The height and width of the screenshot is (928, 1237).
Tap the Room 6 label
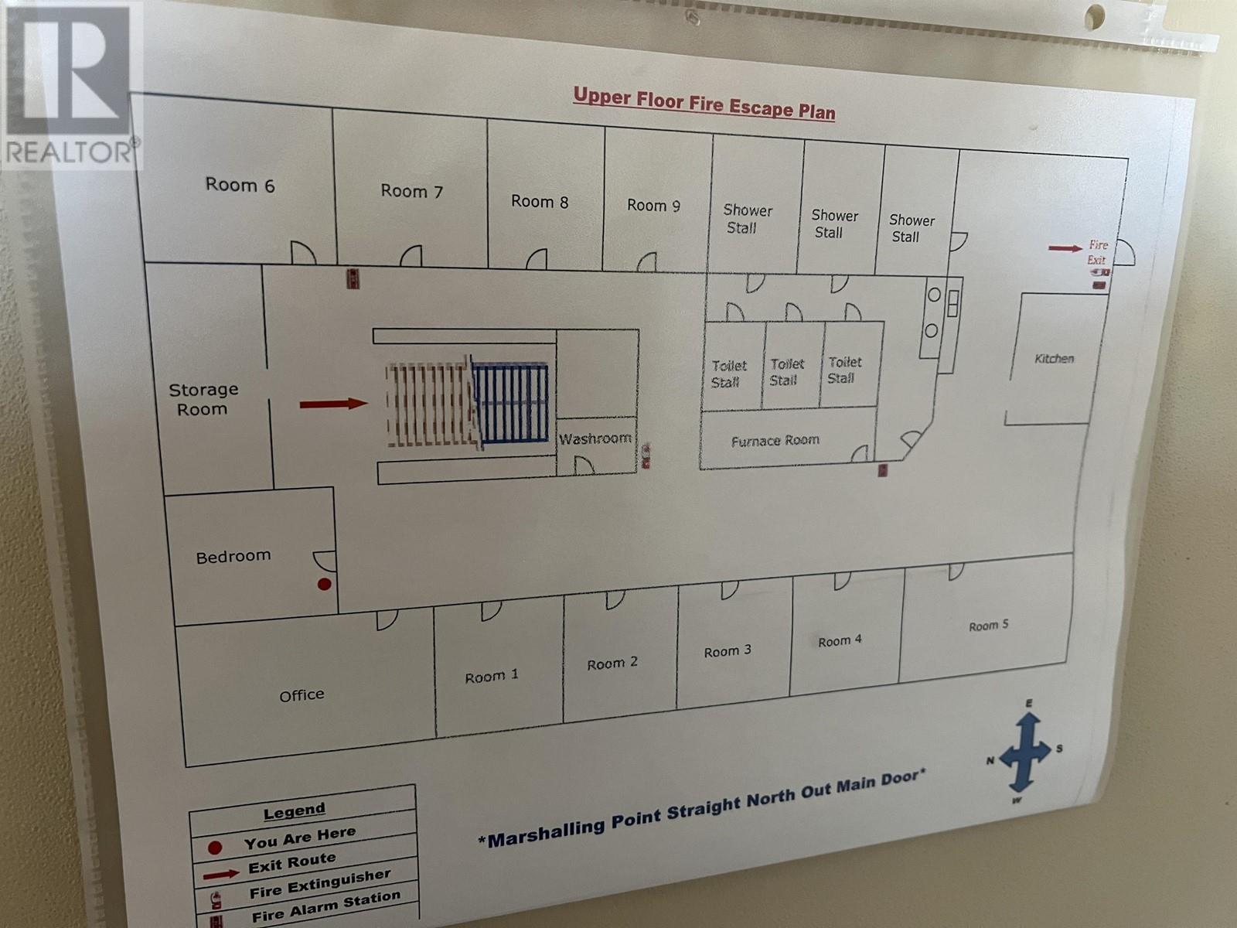240,185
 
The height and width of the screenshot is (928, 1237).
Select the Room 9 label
653,205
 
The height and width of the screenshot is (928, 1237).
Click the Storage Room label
203,399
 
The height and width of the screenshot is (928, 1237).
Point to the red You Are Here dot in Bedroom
325,584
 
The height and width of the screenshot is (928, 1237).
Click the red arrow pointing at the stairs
333,404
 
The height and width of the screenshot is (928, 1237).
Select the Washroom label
595,438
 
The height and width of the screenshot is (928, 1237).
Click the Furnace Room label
775,441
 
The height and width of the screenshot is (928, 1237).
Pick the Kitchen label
1055,359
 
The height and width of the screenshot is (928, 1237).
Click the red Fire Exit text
1098,252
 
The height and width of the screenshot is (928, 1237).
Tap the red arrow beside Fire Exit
1065,248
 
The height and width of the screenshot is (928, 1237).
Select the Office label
302,695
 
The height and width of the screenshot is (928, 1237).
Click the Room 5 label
988,626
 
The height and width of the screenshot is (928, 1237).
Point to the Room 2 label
612,664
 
